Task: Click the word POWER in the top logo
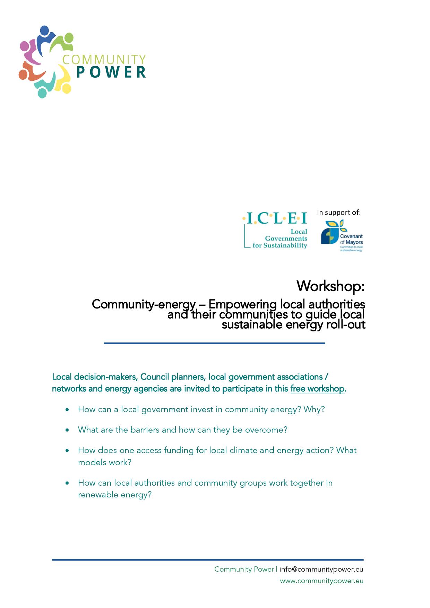point(111,72)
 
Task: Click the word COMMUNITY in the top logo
point(104,59)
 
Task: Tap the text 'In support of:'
point(338,212)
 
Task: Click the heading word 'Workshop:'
point(330,286)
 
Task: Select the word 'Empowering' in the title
point(242,304)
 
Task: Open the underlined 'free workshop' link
point(317,389)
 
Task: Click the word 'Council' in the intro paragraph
point(155,377)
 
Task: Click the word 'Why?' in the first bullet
point(314,409)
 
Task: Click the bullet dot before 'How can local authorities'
point(67,483)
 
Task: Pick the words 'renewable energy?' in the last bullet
point(115,495)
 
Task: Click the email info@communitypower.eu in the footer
point(321,569)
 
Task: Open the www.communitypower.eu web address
point(321,581)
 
